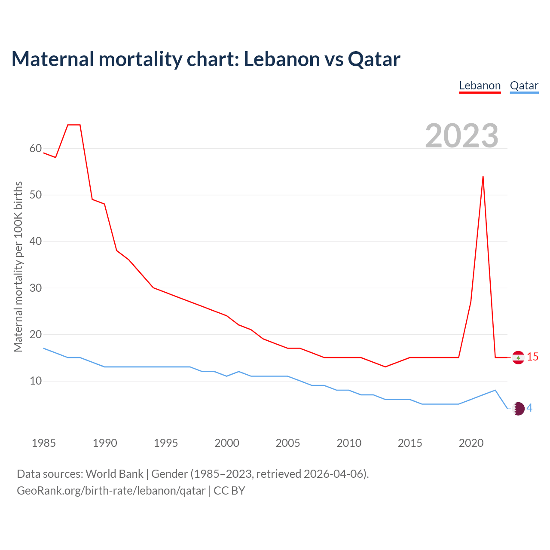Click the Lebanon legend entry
480,86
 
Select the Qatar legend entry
524,86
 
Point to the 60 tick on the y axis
36,149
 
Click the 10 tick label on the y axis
36,381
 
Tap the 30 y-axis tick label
36,288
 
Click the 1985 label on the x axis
44,443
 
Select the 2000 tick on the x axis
227,443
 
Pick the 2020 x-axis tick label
471,443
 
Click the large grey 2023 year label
461,136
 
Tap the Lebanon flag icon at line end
518,357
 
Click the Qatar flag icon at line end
519,409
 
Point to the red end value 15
533,357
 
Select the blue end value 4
530,408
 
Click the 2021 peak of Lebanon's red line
483,177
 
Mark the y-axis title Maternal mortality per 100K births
18,266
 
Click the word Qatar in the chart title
374,59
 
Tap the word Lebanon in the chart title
281,59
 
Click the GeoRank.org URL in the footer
111,491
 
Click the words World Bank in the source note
114,474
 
